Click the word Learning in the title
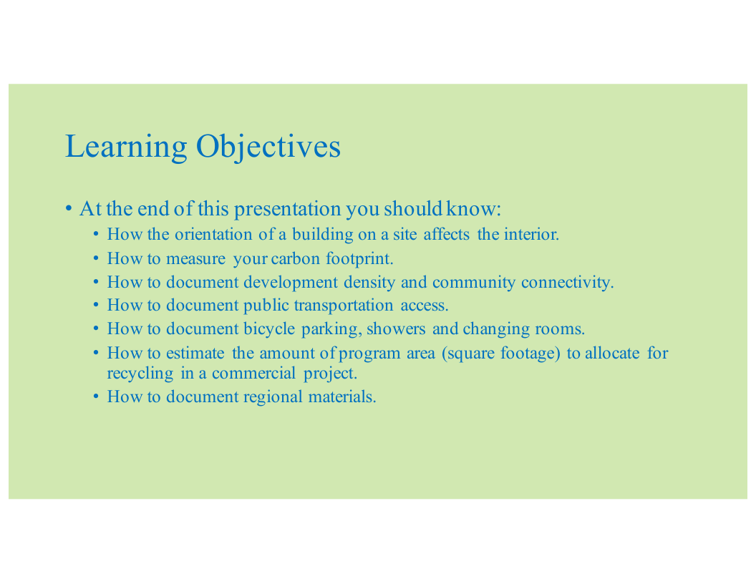(x=126, y=147)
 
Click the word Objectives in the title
(x=268, y=147)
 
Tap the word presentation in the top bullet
(x=287, y=209)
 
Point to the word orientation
(x=213, y=234)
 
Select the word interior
(x=531, y=234)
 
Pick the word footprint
(x=359, y=259)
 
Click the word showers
(x=396, y=329)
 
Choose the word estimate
(x=195, y=354)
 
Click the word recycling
(x=140, y=374)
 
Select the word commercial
(x=253, y=374)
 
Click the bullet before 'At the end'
(x=69, y=209)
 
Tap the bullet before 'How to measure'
(x=97, y=259)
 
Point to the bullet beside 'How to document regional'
(x=97, y=397)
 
